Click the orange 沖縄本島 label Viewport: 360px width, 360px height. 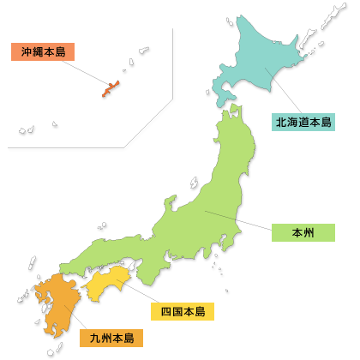[44, 51]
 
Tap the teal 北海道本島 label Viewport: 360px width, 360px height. [303, 122]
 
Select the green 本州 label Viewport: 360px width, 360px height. [303, 231]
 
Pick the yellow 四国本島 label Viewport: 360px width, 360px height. [182, 310]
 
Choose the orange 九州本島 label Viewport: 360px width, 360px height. [111, 338]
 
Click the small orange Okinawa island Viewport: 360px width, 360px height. [111, 88]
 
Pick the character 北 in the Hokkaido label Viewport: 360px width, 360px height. [281, 122]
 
